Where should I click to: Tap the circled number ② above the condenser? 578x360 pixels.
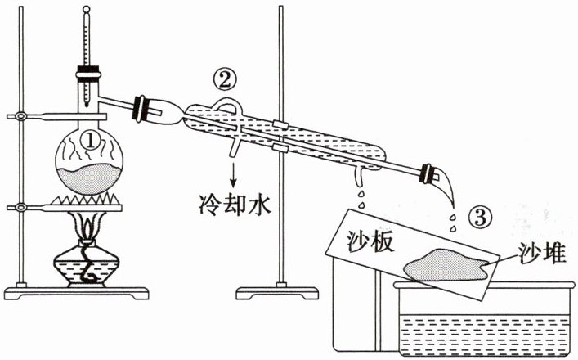click(x=226, y=79)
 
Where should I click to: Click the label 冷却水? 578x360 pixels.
click(x=235, y=199)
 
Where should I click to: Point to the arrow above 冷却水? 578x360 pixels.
click(x=235, y=171)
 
